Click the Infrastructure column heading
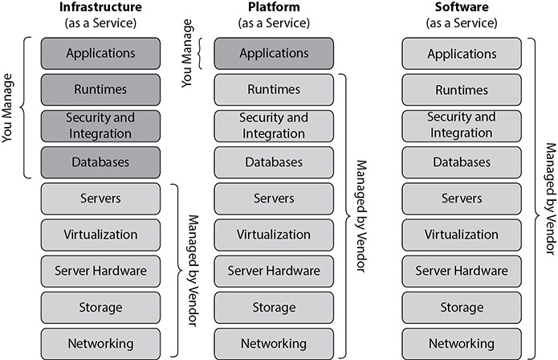pyautogui.click(x=100, y=9)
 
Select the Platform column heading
pyautogui.click(x=274, y=9)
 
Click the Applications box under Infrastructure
pyautogui.click(x=100, y=54)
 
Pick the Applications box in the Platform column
pyautogui.click(x=274, y=54)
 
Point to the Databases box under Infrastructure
pyautogui.click(x=100, y=162)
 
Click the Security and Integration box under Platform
pyautogui.click(x=274, y=125)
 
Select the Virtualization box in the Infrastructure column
pyautogui.click(x=100, y=235)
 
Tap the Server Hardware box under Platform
pyautogui.click(x=274, y=271)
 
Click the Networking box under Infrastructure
pyautogui.click(x=100, y=342)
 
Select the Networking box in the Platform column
pyautogui.click(x=274, y=342)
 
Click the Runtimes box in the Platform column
pyautogui.click(x=274, y=89)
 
